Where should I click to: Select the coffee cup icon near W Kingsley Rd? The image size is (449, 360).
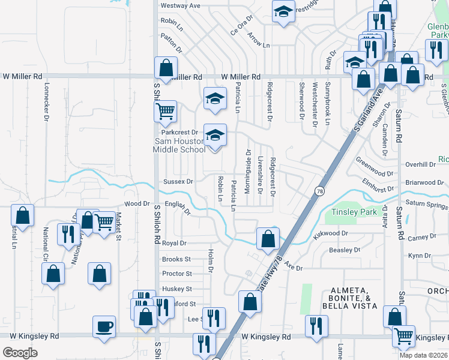point(104,327)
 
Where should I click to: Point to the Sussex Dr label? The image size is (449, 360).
point(178,181)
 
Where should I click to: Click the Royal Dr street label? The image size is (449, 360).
point(175,244)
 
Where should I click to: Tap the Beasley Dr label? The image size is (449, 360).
point(344,250)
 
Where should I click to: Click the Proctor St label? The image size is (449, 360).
point(176,274)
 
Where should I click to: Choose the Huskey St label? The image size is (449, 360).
point(176,289)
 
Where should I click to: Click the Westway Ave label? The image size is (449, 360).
point(179,5)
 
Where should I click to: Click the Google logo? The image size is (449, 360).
point(20,352)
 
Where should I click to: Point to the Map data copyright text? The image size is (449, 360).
point(423,355)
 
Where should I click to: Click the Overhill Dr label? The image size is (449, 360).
point(420,164)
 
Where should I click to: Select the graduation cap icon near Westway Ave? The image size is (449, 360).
point(282,12)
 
